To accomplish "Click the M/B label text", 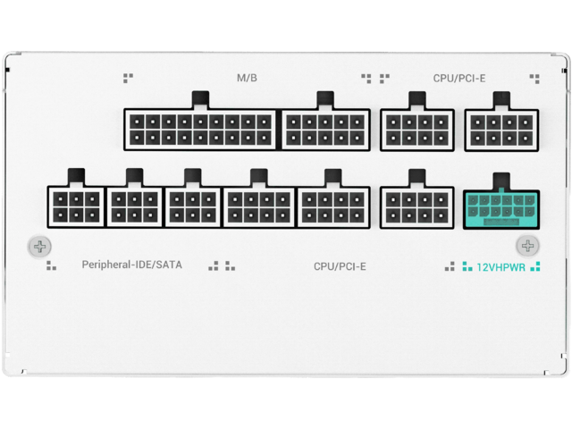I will [247, 78].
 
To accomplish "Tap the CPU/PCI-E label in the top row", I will [459, 78].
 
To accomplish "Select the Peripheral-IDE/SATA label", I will [131, 265].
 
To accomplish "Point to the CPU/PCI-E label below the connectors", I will [340, 266].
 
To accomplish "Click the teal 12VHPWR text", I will [500, 266].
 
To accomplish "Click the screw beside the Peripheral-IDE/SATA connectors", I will [39, 246].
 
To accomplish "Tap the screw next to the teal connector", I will [527, 246].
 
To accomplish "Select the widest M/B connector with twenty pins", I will [201, 129].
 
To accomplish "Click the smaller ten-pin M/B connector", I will [325, 129].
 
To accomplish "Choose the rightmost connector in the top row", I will [501, 129].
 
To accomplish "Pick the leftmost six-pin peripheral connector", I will [76, 207].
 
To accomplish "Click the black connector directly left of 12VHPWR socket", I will [416, 207].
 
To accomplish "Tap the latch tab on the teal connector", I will [500, 180].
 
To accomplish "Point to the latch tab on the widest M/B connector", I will [201, 98].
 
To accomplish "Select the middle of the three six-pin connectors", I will [135, 207].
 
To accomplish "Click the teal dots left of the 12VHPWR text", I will [466, 265].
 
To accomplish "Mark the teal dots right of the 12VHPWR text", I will [535, 265].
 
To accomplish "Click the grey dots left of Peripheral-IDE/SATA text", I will [51, 265].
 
